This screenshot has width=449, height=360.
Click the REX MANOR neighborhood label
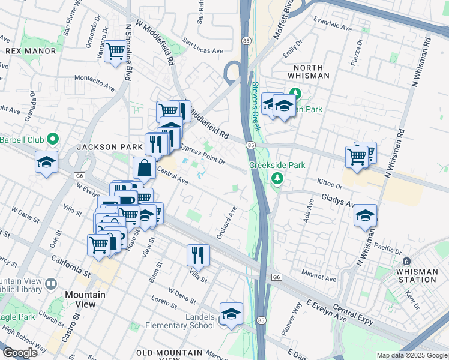pyautogui.click(x=31, y=51)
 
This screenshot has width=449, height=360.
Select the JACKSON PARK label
pyautogui.click(x=101, y=147)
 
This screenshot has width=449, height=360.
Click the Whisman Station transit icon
pyautogui.click(x=406, y=262)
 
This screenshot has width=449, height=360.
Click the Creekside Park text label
pyautogui.click(x=277, y=165)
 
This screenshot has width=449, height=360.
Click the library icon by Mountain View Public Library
pyautogui.click(x=50, y=283)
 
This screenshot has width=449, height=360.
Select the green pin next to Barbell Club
pyautogui.click(x=53, y=139)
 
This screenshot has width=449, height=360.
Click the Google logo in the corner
pyautogui.click(x=20, y=353)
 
